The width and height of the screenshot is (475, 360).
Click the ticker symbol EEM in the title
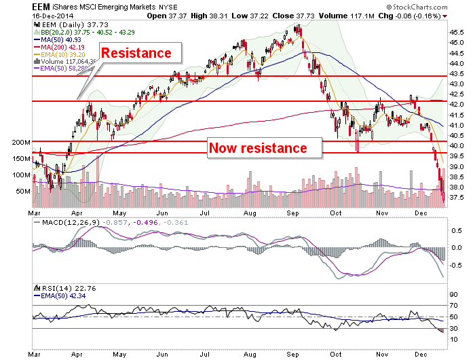click(x=41, y=7)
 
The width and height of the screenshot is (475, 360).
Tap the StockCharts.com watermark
click(x=417, y=7)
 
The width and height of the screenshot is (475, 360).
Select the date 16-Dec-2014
click(x=53, y=16)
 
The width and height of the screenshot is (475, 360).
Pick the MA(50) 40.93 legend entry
click(x=58, y=39)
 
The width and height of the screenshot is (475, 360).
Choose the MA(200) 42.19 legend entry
click(x=60, y=48)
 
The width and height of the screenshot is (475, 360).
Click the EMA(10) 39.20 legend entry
click(x=60, y=54)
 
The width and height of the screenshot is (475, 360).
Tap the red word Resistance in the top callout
click(x=136, y=53)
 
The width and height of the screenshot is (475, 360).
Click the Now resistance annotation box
click(x=264, y=148)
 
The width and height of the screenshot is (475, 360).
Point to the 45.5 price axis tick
click(x=456, y=32)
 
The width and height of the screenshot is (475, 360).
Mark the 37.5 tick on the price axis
click(x=456, y=198)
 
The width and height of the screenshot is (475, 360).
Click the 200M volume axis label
click(x=21, y=142)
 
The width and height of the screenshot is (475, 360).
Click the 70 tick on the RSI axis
click(x=454, y=306)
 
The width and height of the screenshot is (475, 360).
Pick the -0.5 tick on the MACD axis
click(x=455, y=266)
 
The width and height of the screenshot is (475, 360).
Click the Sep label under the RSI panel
click(x=292, y=355)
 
